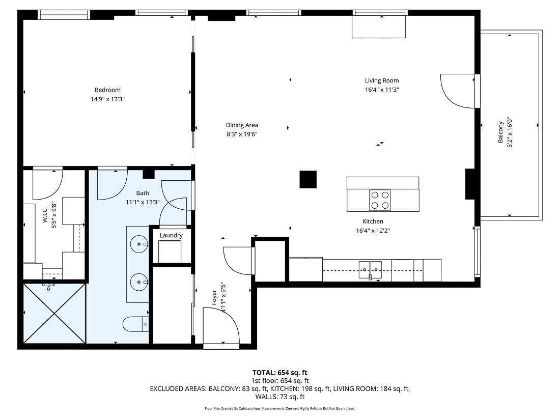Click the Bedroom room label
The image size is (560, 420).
[107, 90]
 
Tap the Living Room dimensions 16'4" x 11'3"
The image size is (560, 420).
[381, 90]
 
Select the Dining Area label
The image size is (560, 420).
[242, 125]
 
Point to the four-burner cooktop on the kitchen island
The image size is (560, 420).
[379, 200]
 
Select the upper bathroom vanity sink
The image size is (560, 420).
[138, 244]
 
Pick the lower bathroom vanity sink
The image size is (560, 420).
[138, 281]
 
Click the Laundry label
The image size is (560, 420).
[171, 235]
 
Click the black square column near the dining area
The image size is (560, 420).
[308, 179]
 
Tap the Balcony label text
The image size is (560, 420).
[501, 132]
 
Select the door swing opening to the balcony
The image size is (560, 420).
[457, 91]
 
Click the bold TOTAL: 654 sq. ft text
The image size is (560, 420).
[279, 372]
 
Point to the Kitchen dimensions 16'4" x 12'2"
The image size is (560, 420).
[373, 230]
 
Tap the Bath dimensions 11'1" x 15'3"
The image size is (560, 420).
[143, 202]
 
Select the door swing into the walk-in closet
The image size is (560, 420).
[47, 184]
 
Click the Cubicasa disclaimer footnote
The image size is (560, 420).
[279, 408]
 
